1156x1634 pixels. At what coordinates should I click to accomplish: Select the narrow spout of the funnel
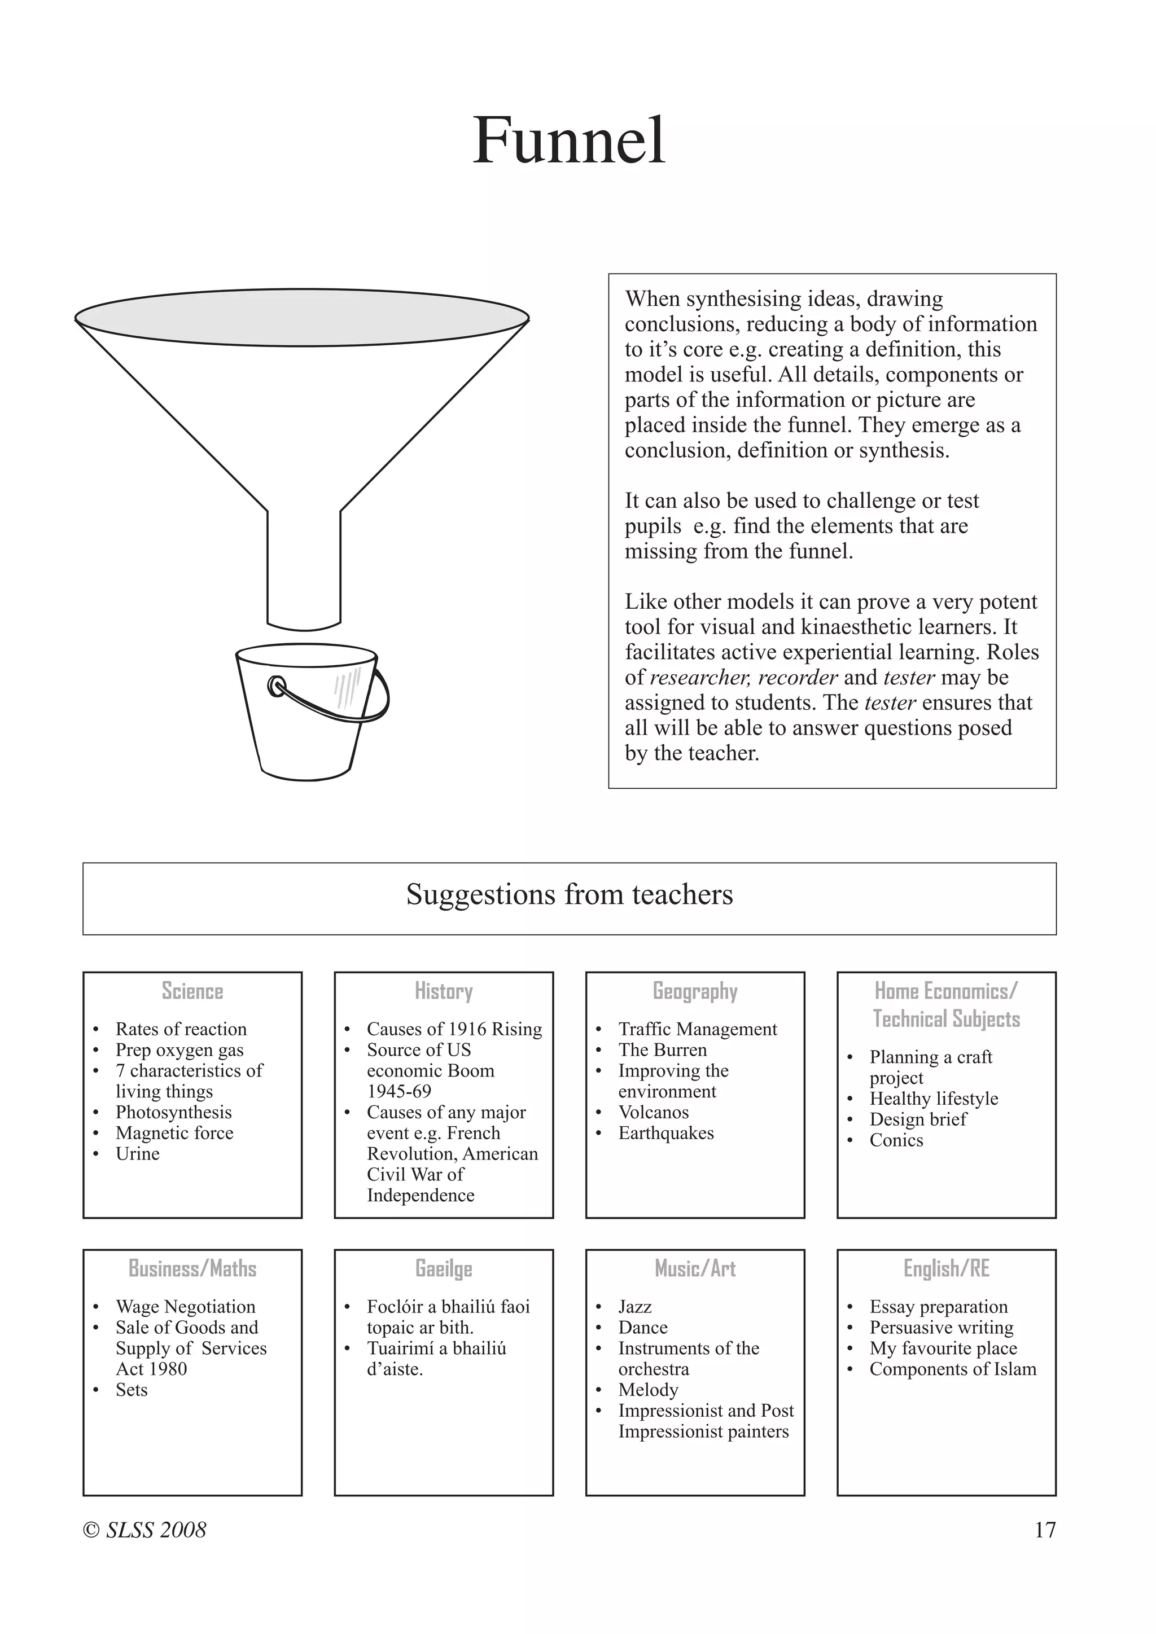(304, 569)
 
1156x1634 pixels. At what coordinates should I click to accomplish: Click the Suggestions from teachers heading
(569, 894)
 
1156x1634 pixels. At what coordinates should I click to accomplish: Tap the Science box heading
(192, 991)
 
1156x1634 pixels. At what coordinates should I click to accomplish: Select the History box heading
(444, 991)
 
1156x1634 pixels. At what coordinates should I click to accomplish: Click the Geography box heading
(695, 991)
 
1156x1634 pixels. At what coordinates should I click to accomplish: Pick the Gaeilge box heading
(444, 1268)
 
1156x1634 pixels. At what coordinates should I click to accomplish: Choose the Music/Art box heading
(695, 1268)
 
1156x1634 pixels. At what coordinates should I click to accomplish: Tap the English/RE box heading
(946, 1268)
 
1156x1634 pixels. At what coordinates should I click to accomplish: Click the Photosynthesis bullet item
(174, 1112)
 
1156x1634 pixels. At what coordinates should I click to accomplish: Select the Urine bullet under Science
(137, 1153)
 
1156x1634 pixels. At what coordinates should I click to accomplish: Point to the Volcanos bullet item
(654, 1112)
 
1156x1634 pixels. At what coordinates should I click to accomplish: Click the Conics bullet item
(896, 1140)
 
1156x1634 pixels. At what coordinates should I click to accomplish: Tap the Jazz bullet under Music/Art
(635, 1307)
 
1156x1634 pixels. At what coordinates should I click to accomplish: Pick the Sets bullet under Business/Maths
(132, 1389)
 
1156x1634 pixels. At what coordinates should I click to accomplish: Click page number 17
(1044, 1530)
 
